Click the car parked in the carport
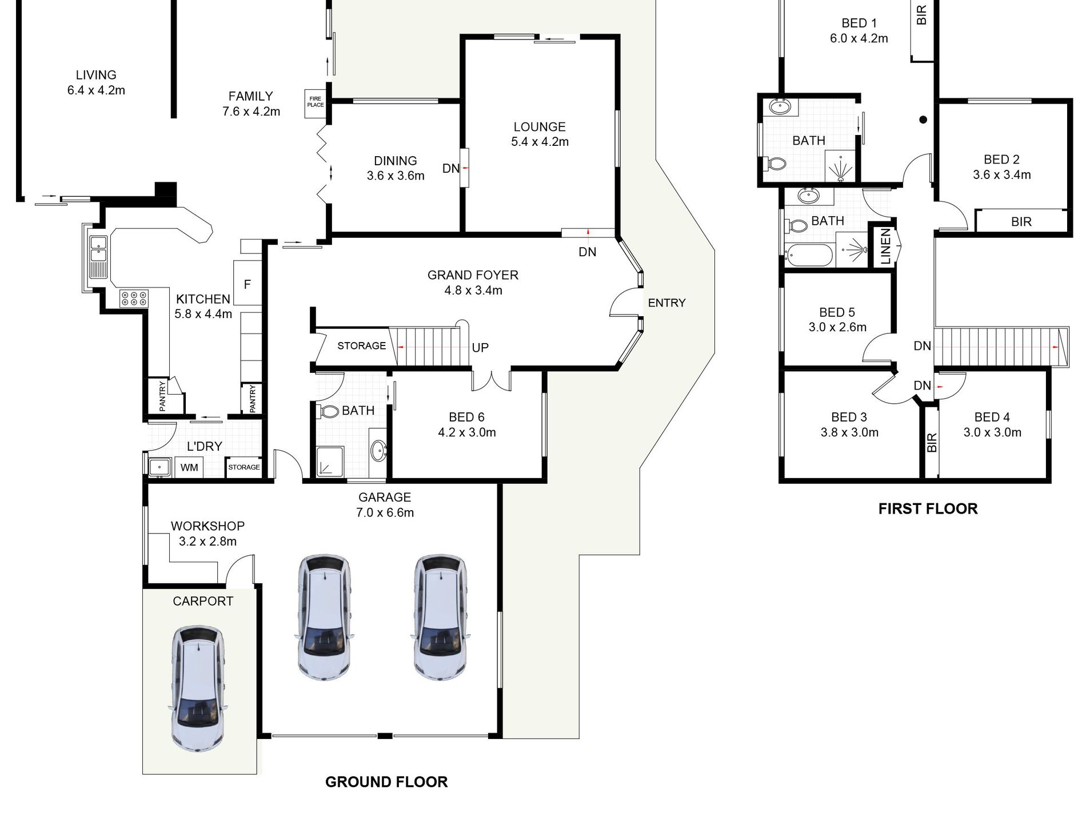(x=198, y=688)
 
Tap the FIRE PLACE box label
(x=316, y=102)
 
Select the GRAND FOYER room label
(x=473, y=275)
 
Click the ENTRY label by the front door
(x=666, y=303)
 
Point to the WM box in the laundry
(x=189, y=467)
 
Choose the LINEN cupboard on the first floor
(x=885, y=246)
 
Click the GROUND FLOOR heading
(x=386, y=782)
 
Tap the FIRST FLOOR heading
(x=928, y=508)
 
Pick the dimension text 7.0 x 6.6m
(x=385, y=512)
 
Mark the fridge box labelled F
(x=247, y=283)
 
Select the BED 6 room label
(x=466, y=418)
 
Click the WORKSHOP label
(x=207, y=526)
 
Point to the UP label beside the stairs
(x=480, y=348)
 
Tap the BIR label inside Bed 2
(x=1021, y=222)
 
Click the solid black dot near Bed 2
(x=923, y=120)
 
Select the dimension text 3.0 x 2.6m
(x=837, y=328)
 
